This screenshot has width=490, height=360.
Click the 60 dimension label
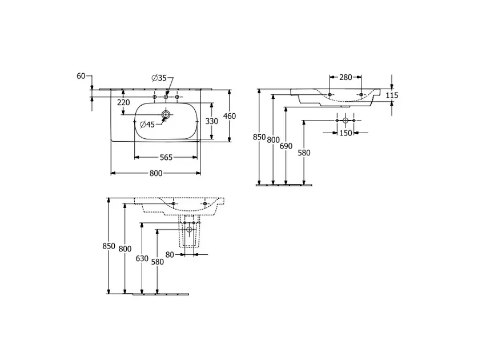point(81,75)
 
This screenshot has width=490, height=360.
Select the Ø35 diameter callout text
point(159,78)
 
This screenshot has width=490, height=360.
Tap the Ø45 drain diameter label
point(147,125)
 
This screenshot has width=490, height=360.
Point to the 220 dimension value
point(123,102)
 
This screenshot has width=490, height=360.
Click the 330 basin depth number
point(211,121)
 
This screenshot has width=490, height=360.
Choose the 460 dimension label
point(230,116)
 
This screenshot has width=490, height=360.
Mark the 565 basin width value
point(166,157)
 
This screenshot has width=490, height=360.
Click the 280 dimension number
point(346,77)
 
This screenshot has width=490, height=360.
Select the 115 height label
point(392,95)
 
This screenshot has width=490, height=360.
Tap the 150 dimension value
point(346,133)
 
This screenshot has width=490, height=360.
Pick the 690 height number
point(286,146)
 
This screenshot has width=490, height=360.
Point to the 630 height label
point(142,259)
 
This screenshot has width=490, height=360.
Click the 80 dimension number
point(170,255)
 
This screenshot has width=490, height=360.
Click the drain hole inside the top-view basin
point(166,114)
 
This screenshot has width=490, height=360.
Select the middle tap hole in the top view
point(166,97)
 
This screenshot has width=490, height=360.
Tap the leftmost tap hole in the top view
point(154,97)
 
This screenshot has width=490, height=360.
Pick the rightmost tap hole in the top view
point(177,97)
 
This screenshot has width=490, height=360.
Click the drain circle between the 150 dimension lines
point(346,121)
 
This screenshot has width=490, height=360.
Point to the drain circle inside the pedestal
point(189,230)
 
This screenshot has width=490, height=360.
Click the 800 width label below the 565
point(156,173)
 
